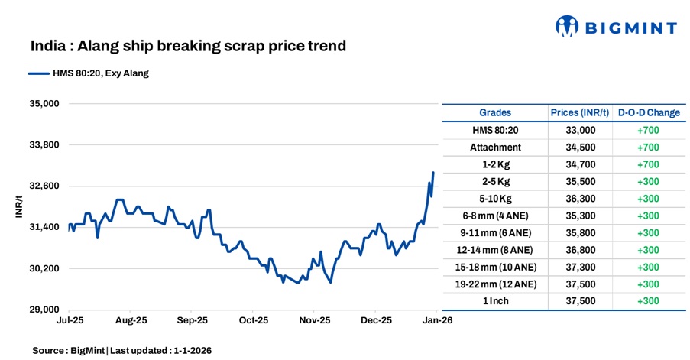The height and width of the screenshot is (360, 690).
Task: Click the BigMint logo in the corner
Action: click(x=615, y=28)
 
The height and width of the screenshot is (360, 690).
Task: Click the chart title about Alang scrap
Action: click(x=188, y=46)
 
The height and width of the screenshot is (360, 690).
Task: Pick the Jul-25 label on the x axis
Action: click(x=70, y=321)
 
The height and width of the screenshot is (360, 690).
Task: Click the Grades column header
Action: click(x=495, y=112)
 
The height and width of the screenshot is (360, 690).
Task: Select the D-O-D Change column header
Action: click(x=648, y=112)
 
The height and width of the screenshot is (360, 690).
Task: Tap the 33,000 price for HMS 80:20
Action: click(x=579, y=131)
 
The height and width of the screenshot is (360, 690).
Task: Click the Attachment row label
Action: click(x=495, y=148)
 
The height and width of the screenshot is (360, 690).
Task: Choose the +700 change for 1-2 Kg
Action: click(x=648, y=164)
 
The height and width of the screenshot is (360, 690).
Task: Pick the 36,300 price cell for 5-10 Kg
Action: click(x=579, y=199)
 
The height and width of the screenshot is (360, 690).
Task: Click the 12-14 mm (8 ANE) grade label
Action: click(x=495, y=250)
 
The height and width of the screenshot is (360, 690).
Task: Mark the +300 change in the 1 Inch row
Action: click(x=648, y=301)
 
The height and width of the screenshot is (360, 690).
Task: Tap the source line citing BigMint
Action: click(x=122, y=350)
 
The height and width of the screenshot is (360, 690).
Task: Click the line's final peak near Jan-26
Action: click(x=433, y=173)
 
